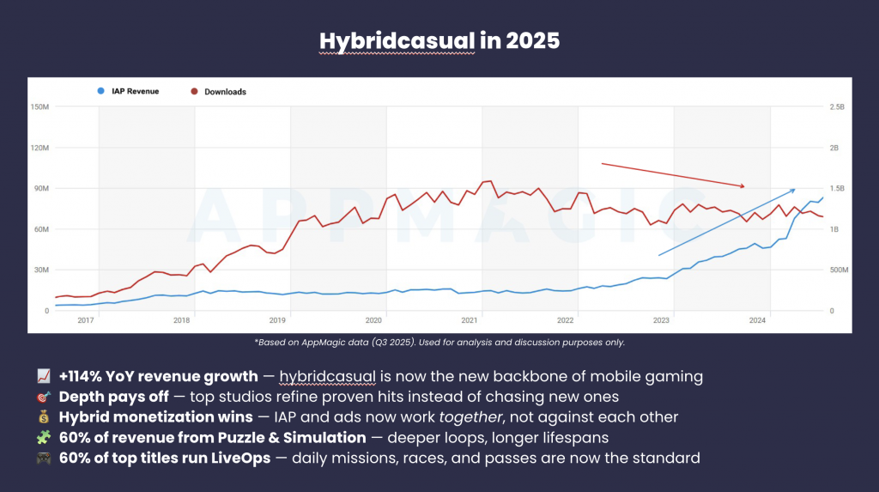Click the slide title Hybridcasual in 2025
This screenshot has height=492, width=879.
tap(439, 40)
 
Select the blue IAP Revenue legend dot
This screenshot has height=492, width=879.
tap(101, 90)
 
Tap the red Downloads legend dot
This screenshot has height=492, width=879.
tap(194, 91)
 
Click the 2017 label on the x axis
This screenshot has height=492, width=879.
tap(86, 320)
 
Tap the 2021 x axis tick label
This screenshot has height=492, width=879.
tap(470, 320)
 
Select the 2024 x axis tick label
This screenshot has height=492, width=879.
tap(758, 320)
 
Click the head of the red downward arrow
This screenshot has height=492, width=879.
tap(743, 186)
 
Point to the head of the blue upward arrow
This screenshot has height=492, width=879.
tap(793, 189)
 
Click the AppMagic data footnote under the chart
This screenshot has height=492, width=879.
tap(439, 342)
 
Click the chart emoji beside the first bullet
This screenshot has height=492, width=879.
tap(44, 376)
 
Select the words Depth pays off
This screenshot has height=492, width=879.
tap(106, 397)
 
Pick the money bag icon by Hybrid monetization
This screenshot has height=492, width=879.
tap(44, 417)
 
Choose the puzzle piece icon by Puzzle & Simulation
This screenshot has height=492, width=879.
tap(44, 438)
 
